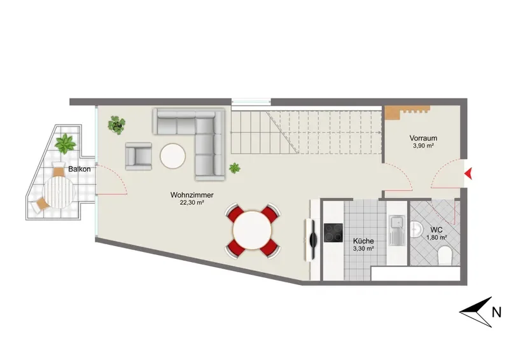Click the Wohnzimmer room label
click(x=192, y=195)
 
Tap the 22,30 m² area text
click(x=192, y=203)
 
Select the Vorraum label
click(x=423, y=138)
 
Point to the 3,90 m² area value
click(x=423, y=146)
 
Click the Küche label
click(x=363, y=241)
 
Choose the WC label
click(x=436, y=230)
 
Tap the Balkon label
click(x=79, y=169)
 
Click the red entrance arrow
click(x=468, y=174)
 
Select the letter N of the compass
click(x=497, y=312)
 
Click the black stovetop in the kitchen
click(x=333, y=233)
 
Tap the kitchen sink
click(x=396, y=230)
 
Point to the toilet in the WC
click(x=445, y=256)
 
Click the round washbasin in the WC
click(x=416, y=230)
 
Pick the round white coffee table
click(x=172, y=156)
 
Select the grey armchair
click(x=139, y=156)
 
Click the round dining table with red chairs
click(x=252, y=230)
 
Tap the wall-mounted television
click(x=311, y=240)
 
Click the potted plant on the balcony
click(x=66, y=144)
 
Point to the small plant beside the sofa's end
click(x=234, y=168)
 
